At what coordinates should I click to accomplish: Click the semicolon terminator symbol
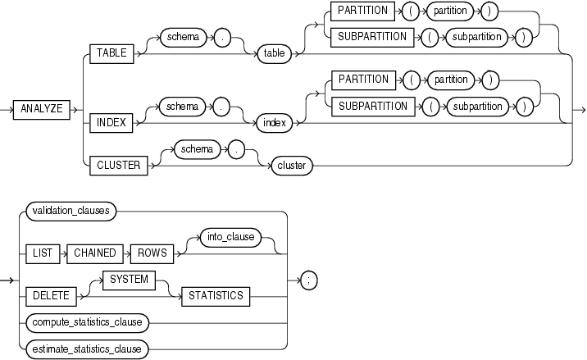click(307, 279)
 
